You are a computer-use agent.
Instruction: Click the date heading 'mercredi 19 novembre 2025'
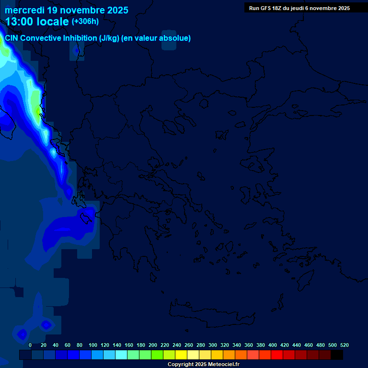coord(67,10)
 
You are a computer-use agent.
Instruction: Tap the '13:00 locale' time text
coord(37,22)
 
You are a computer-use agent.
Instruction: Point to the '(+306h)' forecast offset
coord(85,22)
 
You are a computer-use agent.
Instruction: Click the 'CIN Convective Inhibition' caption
coord(50,38)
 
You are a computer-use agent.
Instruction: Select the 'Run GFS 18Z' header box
coord(299,8)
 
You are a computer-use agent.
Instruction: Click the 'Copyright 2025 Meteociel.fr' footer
coord(203,364)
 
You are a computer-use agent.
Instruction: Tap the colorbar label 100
coord(93,345)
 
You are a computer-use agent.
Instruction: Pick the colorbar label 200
coord(153,345)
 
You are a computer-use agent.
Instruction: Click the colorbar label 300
coord(213,345)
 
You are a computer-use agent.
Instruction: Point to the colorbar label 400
coord(273,345)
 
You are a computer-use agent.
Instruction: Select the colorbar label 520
coord(345,345)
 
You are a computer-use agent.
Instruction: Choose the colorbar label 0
coord(30,345)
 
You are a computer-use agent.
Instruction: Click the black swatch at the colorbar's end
coord(337,355)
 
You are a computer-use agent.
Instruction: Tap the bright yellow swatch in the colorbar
coord(181,355)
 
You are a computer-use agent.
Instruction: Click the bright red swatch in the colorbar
coord(277,355)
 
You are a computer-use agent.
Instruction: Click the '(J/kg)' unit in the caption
coord(110,38)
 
